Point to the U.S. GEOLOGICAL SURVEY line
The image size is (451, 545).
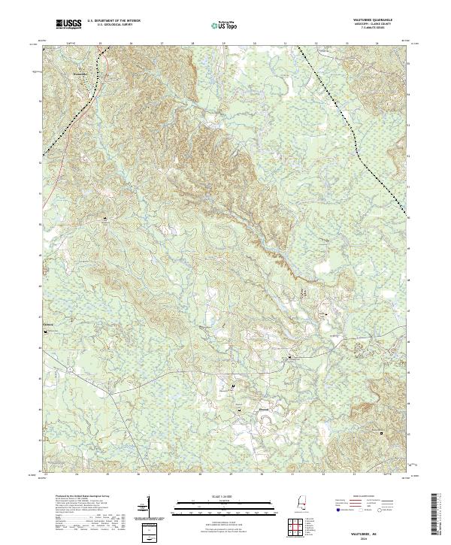point(114,27)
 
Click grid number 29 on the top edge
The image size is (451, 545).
point(224,44)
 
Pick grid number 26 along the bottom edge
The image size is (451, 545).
point(139,475)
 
